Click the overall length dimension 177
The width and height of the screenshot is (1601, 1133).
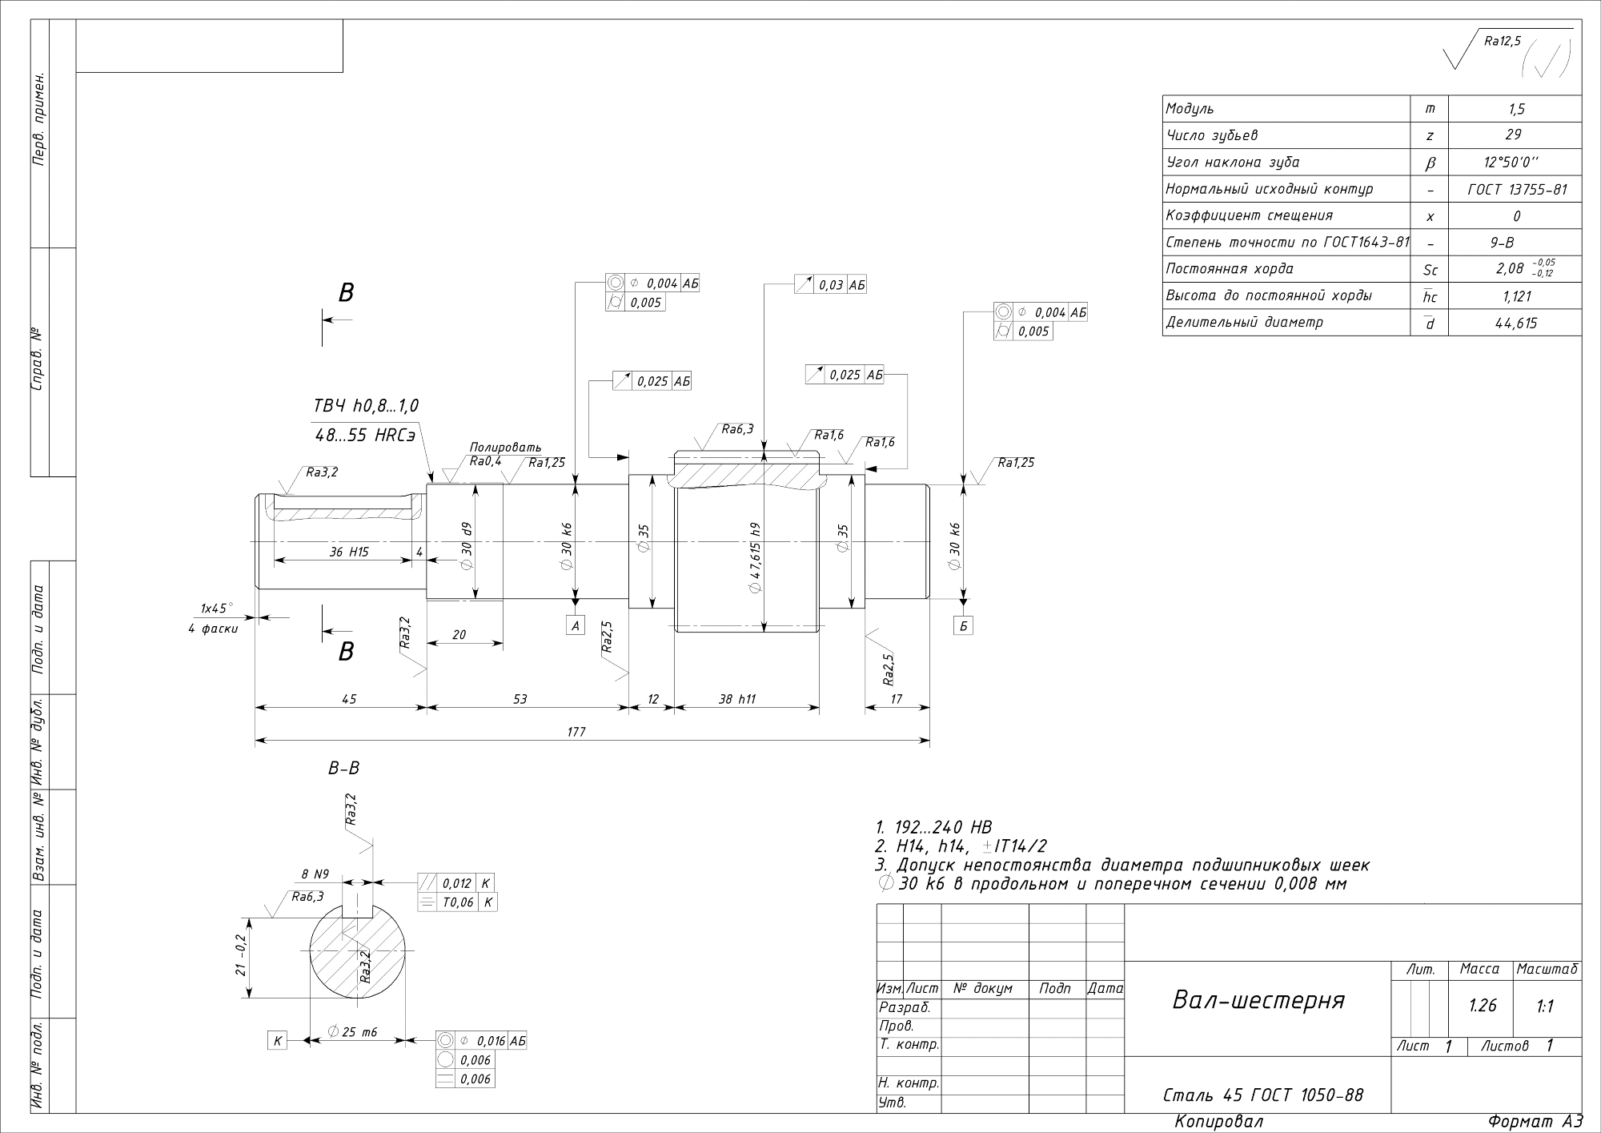point(576,731)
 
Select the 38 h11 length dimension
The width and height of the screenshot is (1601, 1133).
point(736,699)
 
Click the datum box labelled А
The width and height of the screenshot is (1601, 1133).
point(576,625)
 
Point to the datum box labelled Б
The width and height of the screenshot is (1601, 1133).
point(964,625)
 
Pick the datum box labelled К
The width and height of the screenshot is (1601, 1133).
point(277,1041)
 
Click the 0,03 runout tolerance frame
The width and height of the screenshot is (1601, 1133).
point(830,284)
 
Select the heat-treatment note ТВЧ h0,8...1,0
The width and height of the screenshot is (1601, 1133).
point(366,407)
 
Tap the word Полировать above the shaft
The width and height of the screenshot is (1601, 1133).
point(505,447)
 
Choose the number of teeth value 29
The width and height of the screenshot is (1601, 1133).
point(1513,135)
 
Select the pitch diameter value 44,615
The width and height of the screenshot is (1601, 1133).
point(1515,323)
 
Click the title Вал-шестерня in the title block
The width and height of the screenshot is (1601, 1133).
point(1258,1000)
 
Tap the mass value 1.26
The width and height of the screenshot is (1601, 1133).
point(1483,1006)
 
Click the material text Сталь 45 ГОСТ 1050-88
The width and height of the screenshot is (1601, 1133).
point(1262,1095)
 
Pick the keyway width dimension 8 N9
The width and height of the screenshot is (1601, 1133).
point(315,874)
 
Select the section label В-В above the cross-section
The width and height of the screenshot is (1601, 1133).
point(344,769)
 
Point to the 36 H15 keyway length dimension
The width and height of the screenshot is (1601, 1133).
point(349,552)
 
